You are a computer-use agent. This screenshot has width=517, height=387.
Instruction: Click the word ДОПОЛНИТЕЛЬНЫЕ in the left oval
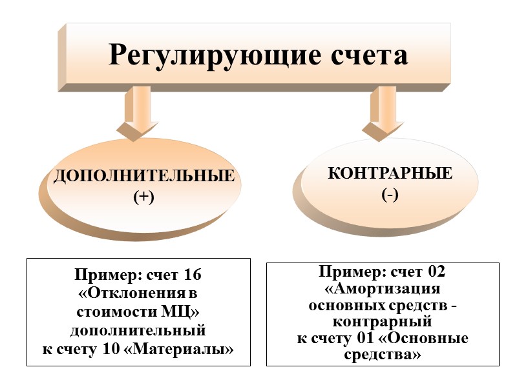tap(143, 176)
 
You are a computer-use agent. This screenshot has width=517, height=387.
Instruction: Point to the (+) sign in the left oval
tap(143, 197)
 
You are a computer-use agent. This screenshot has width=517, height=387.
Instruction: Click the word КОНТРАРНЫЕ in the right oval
tap(390, 174)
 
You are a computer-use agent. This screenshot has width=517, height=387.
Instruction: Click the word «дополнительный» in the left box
tap(138, 332)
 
